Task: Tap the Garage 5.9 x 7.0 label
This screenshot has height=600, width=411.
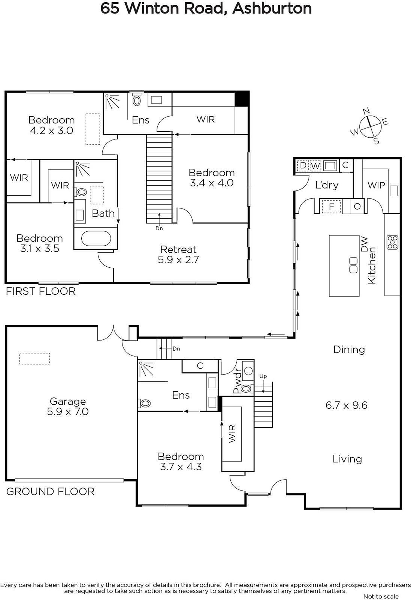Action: [x=68, y=406]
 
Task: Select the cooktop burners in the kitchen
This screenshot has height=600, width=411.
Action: [x=392, y=242]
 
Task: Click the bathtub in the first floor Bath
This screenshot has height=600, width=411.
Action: [x=96, y=238]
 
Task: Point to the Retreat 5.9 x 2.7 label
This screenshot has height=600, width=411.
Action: [x=178, y=255]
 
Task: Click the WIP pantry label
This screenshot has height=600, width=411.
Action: [x=376, y=185]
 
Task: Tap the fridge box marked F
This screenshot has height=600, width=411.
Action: [x=331, y=207]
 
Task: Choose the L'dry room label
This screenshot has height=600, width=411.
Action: [x=327, y=185]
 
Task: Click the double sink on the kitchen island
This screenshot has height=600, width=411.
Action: [x=353, y=265]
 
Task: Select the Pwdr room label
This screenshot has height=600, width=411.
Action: [x=237, y=383]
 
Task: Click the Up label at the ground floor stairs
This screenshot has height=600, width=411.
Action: [x=263, y=376]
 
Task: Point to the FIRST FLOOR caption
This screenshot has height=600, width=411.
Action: [x=41, y=291]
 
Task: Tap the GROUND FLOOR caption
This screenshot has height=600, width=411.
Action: [x=50, y=492]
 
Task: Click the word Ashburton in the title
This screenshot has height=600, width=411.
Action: [x=272, y=8]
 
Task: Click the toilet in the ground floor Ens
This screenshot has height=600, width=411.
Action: [x=144, y=403]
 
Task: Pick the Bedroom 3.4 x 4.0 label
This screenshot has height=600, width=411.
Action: [x=212, y=178]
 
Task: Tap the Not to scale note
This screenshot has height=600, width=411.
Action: [x=381, y=596]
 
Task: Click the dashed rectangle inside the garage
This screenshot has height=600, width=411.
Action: [x=34, y=358]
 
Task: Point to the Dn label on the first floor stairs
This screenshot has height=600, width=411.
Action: [x=159, y=228]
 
